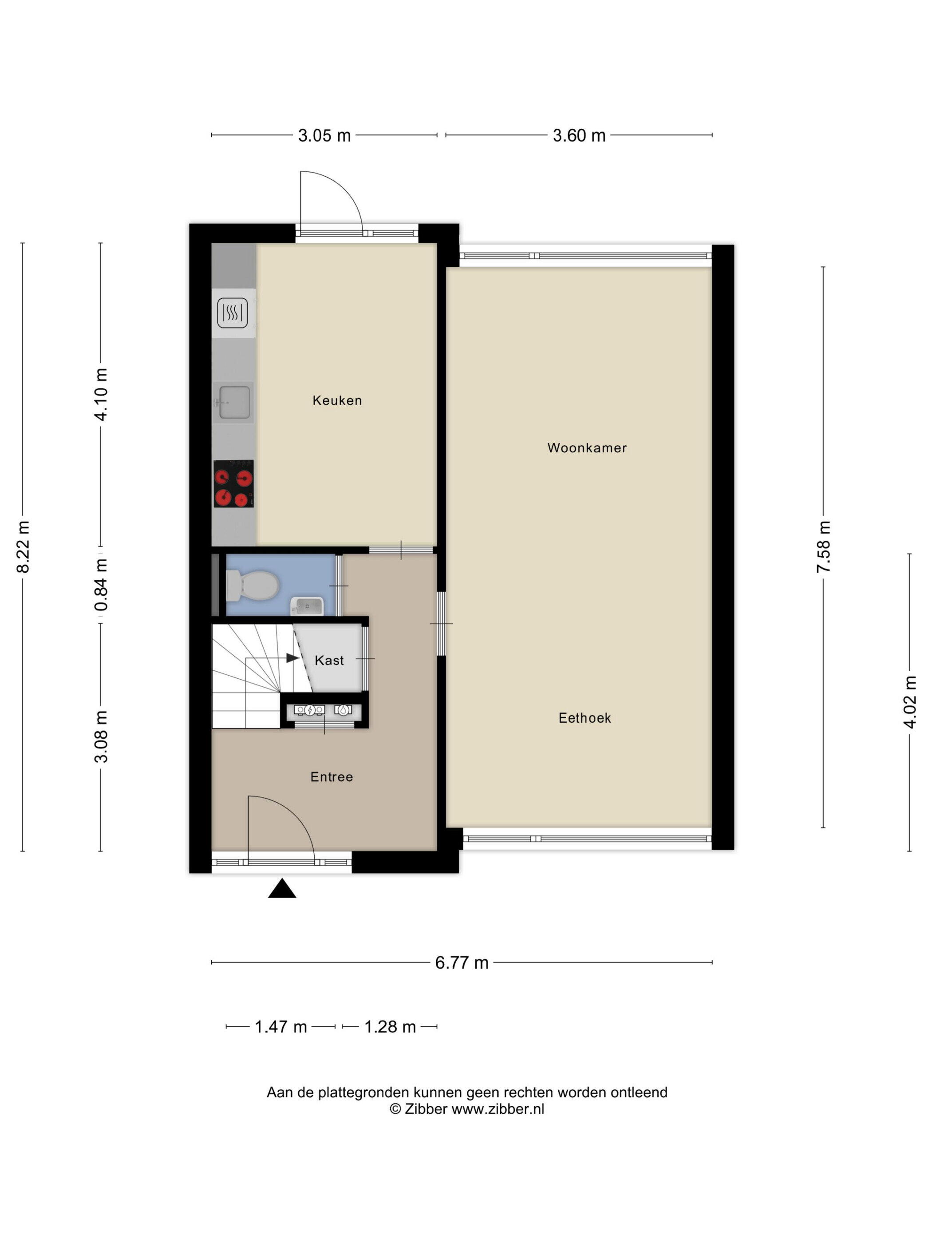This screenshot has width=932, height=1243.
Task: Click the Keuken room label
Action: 337,400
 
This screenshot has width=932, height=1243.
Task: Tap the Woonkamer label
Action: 587,447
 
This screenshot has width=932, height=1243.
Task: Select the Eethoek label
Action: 585,717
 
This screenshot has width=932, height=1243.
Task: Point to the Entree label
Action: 332,776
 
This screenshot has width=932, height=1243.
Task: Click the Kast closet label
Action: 329,660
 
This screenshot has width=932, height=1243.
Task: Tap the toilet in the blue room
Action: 252,585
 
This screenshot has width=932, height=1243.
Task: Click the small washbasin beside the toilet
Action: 307,606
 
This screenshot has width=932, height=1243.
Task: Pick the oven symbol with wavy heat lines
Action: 233,313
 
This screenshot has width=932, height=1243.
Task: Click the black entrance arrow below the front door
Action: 282,888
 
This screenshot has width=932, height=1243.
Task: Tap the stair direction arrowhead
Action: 292,657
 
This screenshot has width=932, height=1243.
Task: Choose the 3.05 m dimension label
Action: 324,135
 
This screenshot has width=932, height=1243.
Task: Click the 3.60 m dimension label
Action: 579,135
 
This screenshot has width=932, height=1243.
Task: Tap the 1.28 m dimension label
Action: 390,1027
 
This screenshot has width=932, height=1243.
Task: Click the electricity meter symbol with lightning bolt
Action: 309,710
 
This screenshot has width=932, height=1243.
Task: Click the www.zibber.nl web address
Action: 498,1108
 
